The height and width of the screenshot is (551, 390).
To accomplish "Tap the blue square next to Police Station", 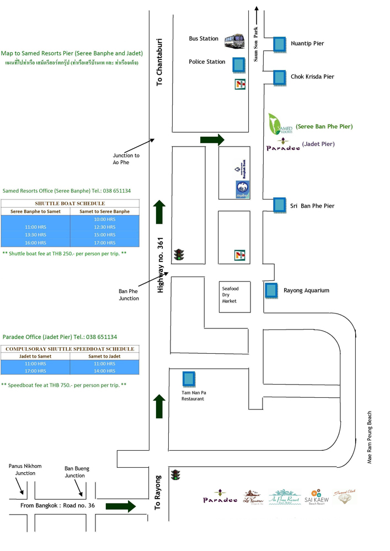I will pos(239,65).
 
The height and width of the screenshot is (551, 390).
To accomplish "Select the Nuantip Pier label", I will pos(307,43).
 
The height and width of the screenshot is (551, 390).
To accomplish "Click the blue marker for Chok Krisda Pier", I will pos(279,77).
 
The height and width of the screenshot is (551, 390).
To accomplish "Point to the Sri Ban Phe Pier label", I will pos(312,206).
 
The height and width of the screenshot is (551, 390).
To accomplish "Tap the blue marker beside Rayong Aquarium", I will pos(271,290).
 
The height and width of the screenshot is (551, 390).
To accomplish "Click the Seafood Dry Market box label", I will pos(229,295).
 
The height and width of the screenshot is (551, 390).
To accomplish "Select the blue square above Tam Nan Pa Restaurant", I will pos(189,379).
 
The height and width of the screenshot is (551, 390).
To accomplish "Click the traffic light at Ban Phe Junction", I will pos(179,254).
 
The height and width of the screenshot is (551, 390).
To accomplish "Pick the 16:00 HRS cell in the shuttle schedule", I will pos(35,242).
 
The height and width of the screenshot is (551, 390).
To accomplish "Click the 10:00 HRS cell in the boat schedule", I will pos(104,219).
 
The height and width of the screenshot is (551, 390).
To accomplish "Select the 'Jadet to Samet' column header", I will pos(35,356).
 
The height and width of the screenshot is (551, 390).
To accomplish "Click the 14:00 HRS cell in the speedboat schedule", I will pos(104,372).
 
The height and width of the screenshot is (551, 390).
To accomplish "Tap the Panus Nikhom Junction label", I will pos(25,470).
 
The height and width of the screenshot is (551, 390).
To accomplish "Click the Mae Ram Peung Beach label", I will pos(370,437).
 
